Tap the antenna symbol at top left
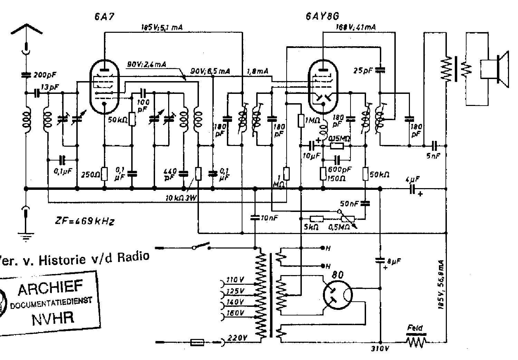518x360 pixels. click(26, 30)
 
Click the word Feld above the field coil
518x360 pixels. click(414, 328)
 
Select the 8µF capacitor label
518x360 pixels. click(393, 261)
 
